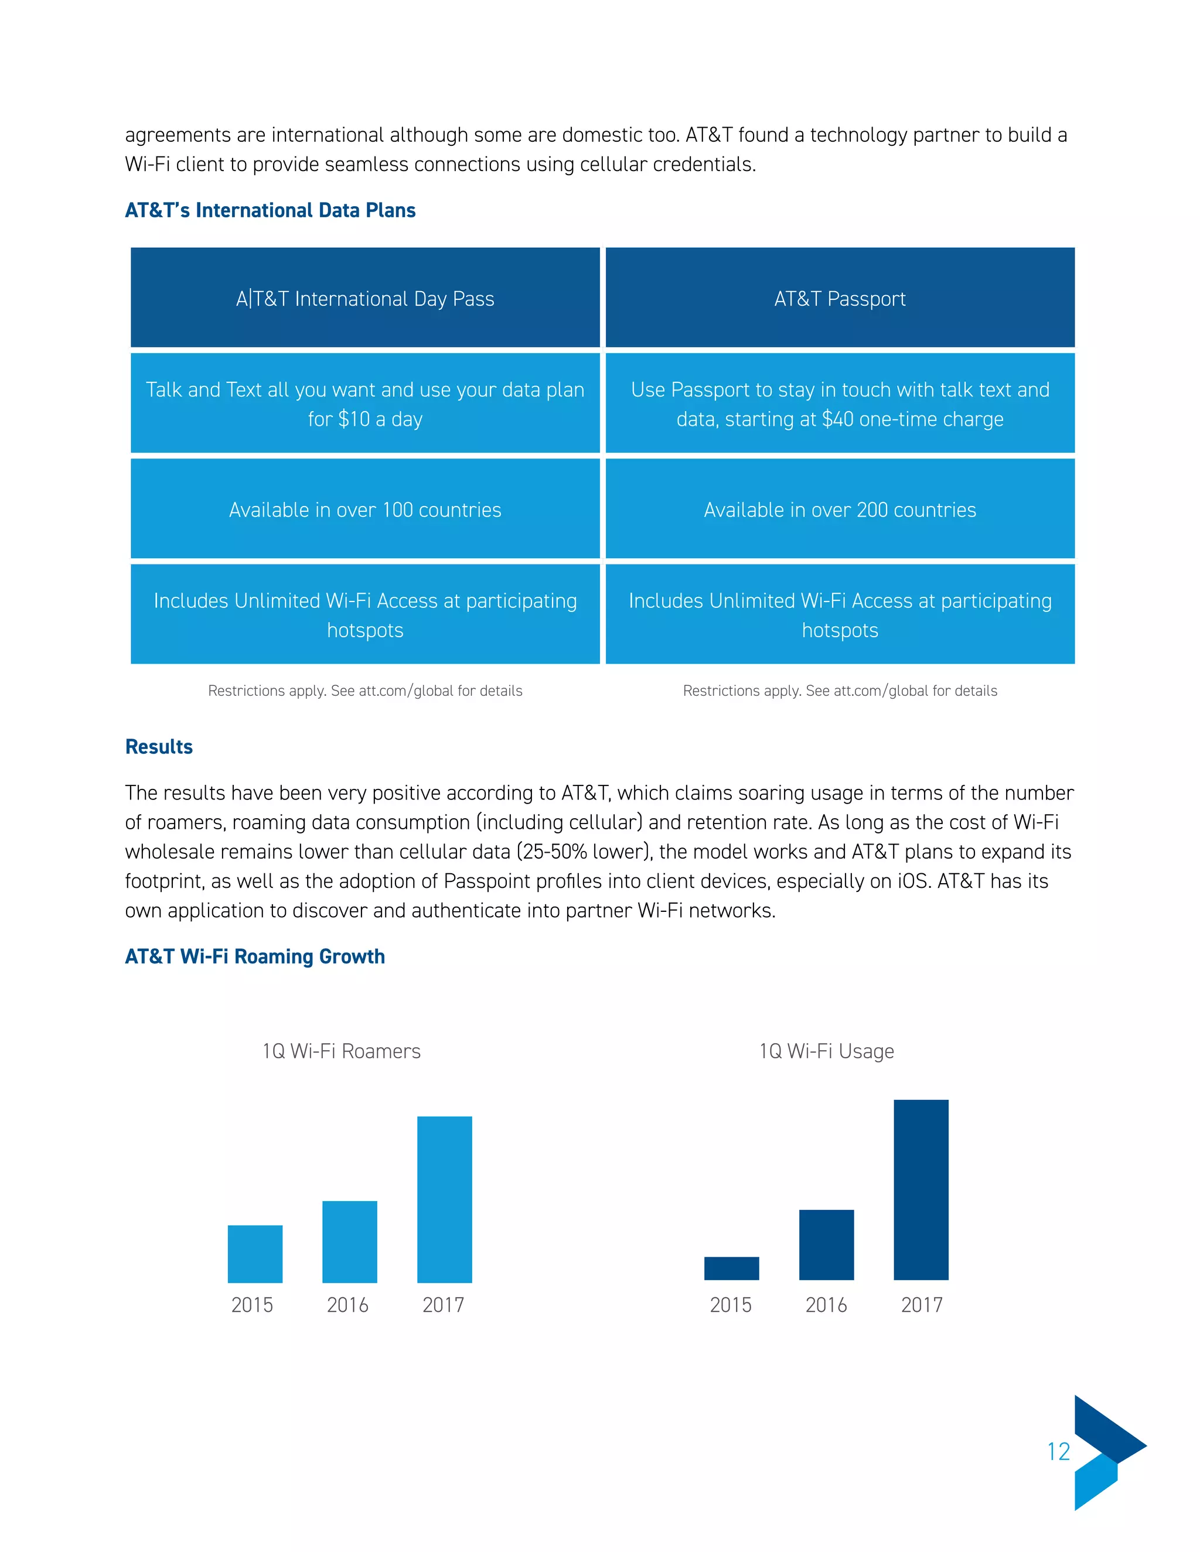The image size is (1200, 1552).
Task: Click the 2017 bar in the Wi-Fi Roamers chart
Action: click(444, 1199)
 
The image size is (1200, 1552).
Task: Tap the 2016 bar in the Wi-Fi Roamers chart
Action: click(350, 1242)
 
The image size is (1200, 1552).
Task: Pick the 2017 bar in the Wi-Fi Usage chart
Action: click(921, 1189)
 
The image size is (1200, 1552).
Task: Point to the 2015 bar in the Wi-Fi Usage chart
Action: click(731, 1269)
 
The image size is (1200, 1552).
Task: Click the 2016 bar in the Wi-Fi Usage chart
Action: click(826, 1245)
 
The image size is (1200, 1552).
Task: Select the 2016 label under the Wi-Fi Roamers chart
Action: click(347, 1305)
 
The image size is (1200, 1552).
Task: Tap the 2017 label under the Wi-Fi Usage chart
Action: click(921, 1305)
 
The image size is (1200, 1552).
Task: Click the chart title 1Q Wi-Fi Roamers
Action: click(341, 1051)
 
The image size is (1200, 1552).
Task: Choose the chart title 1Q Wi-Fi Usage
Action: click(826, 1051)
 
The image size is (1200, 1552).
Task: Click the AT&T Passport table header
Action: click(840, 299)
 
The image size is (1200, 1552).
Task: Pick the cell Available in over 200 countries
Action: click(840, 510)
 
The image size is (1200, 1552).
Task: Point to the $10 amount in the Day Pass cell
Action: click(354, 419)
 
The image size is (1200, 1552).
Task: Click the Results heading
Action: click(159, 747)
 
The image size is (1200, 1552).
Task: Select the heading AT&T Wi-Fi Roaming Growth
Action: click(254, 956)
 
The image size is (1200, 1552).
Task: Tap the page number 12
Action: click(1059, 1452)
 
